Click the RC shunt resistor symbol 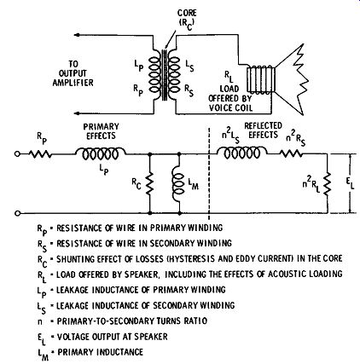[x=149, y=183]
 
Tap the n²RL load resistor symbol [x=328, y=183]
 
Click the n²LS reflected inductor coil [x=242, y=153]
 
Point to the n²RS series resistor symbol [x=292, y=154]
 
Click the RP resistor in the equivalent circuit [x=40, y=154]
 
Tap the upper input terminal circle [x=17, y=154]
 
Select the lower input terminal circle [x=17, y=213]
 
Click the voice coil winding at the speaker [x=261, y=79]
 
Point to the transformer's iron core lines [x=164, y=75]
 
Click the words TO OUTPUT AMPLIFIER [x=73, y=73]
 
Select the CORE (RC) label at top [x=187, y=20]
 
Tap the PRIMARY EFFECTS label [x=101, y=130]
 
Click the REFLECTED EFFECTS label [x=263, y=130]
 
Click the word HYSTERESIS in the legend [x=234, y=258]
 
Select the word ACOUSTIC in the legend [x=287, y=274]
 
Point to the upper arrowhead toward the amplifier [x=77, y=35]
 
